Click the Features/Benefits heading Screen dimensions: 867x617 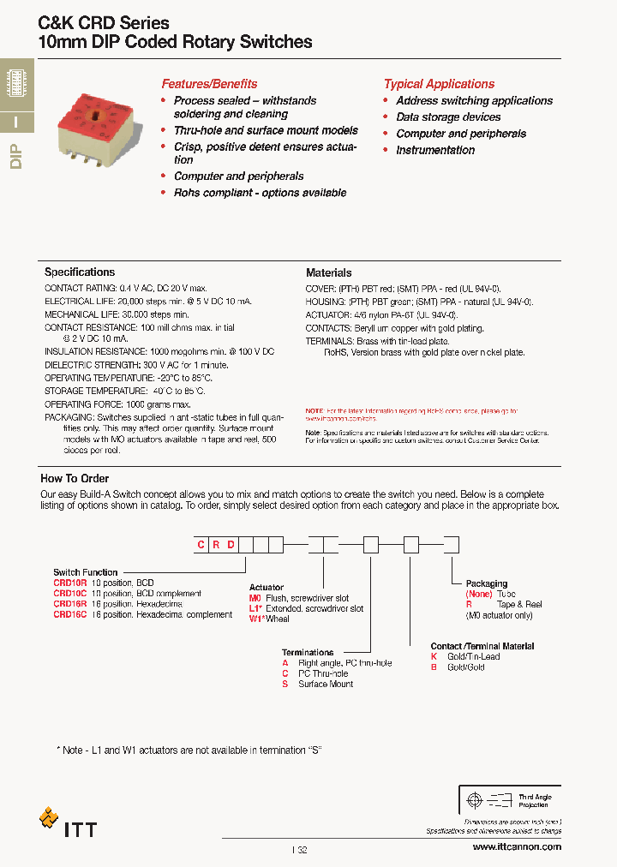tap(209, 84)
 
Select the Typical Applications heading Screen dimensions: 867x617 tap(439, 84)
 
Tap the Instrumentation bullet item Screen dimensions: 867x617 tap(434, 150)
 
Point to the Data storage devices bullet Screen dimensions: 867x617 tap(448, 117)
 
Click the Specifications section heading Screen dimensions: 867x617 tap(80, 272)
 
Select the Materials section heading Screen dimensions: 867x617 tap(328, 272)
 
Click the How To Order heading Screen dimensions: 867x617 tap(75, 479)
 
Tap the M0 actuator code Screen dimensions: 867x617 tap(255, 598)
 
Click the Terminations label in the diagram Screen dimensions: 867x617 tap(308, 653)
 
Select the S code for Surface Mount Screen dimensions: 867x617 tap(285, 684)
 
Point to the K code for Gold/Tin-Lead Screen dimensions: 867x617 tap(434, 657)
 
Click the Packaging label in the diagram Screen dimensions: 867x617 tap(486, 583)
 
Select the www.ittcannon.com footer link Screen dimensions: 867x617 tap(517, 846)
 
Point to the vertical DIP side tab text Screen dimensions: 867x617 tap(16, 158)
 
